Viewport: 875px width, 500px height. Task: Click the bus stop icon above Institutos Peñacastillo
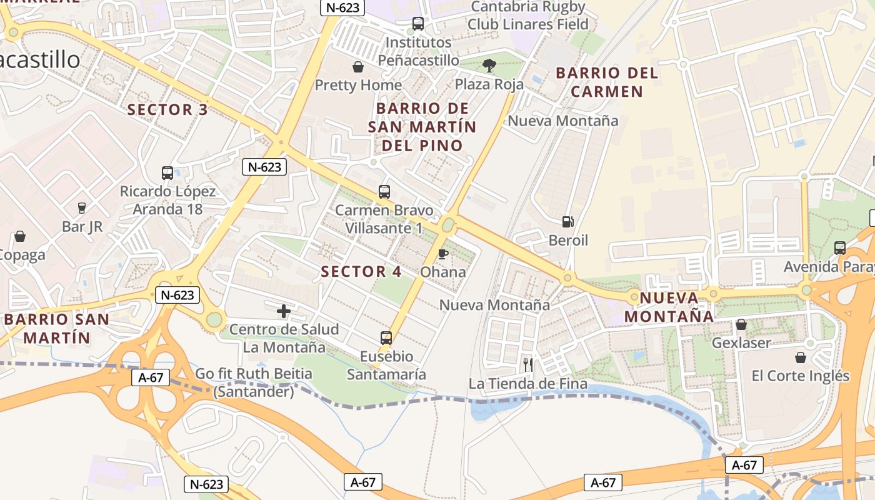pyautogui.click(x=417, y=24)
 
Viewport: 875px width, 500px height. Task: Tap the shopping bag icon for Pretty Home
pyautogui.click(x=358, y=67)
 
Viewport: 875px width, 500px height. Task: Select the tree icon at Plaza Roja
pyautogui.click(x=489, y=65)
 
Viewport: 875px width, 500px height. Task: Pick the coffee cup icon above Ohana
pyautogui.click(x=442, y=254)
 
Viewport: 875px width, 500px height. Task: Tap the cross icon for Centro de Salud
pyautogui.click(x=284, y=311)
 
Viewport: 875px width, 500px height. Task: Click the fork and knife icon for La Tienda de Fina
pyautogui.click(x=528, y=364)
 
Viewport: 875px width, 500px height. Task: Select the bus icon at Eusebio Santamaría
pyautogui.click(x=386, y=338)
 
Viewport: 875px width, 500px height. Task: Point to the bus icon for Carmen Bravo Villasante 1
pyautogui.click(x=384, y=192)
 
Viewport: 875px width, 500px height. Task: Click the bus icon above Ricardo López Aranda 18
pyautogui.click(x=167, y=173)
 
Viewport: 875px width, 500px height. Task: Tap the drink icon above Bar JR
pyautogui.click(x=81, y=208)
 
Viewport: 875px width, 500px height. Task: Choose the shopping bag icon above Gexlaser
pyautogui.click(x=741, y=324)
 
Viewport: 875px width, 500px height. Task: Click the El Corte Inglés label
pyautogui.click(x=800, y=376)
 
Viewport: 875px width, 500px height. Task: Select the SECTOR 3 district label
pyautogui.click(x=167, y=110)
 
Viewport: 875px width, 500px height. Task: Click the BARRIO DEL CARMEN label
pyautogui.click(x=607, y=82)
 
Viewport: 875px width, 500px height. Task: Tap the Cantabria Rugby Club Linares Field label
pyautogui.click(x=528, y=16)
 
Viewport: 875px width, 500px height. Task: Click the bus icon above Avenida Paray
pyautogui.click(x=840, y=248)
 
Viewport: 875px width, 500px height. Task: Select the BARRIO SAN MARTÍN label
pyautogui.click(x=56, y=328)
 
